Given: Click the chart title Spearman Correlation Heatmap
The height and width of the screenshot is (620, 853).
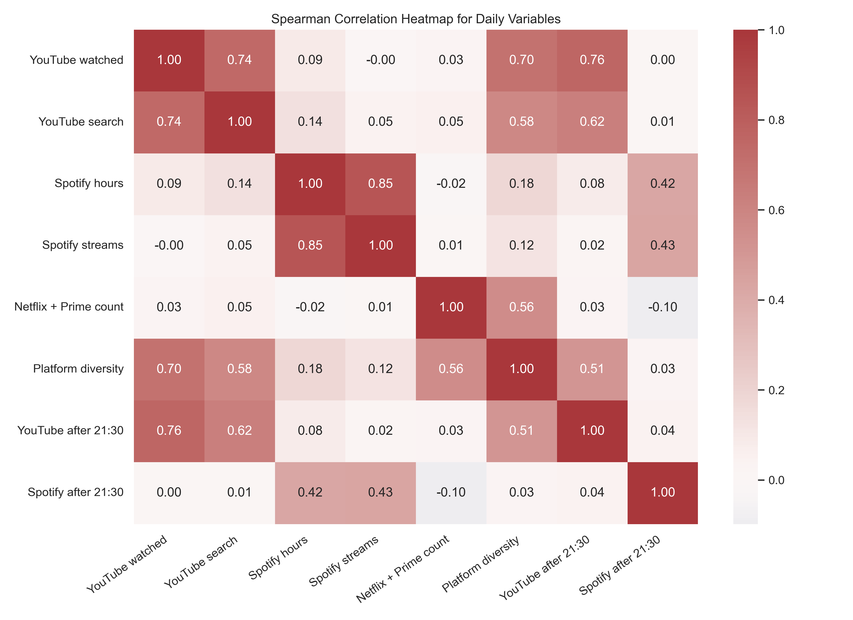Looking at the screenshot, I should point(416,19).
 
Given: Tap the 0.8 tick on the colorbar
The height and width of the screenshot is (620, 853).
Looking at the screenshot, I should point(776,120).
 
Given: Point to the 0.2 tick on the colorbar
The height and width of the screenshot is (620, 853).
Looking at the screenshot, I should point(776,390).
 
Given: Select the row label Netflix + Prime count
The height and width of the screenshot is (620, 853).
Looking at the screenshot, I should point(69,307).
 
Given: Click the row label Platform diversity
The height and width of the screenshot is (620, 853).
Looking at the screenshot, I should point(78,368).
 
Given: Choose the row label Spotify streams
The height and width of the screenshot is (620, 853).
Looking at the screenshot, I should point(83,245).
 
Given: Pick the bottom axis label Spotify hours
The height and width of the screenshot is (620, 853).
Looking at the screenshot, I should point(278,557).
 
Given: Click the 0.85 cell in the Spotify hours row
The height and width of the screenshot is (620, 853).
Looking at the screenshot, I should point(380,183).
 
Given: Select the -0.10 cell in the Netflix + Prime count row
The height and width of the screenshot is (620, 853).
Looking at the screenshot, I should point(663,307).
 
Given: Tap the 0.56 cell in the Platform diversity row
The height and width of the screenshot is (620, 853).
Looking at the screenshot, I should point(451,368).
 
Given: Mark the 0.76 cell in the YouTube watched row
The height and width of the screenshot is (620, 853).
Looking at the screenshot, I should point(592,60).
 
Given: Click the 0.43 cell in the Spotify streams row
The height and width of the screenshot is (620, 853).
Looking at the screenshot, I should point(663,245).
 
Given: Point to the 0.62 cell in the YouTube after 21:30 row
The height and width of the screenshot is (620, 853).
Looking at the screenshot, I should point(240,430).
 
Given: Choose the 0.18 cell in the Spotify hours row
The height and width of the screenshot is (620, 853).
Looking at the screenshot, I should point(522,183).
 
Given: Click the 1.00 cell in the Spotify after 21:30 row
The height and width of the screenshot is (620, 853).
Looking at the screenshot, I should point(663,492).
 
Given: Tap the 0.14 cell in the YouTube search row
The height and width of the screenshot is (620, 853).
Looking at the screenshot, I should point(310,121).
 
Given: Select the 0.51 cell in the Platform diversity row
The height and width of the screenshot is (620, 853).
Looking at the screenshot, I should point(592,368).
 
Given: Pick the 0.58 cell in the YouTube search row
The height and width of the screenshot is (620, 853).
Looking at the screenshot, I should point(522,121).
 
